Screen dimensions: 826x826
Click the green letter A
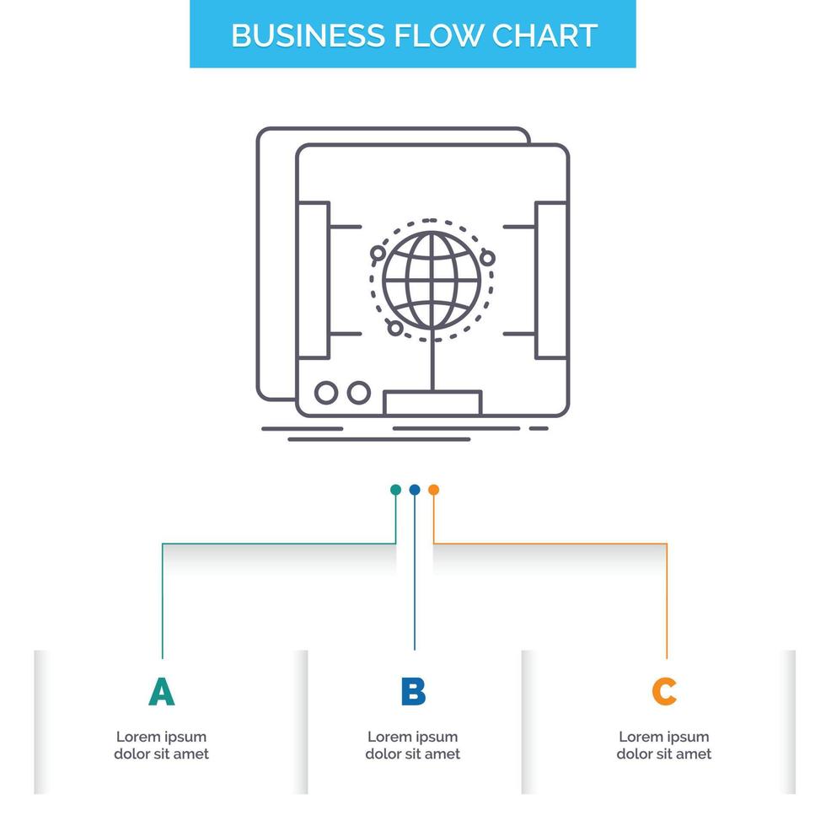coord(161,691)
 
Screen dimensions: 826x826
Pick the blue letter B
coord(413,691)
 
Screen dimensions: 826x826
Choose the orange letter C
coord(664,691)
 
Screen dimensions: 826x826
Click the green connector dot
coord(395,490)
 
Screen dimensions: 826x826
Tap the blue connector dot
coord(414,490)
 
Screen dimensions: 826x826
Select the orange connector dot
coord(433,490)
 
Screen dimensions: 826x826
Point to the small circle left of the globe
coord(378,253)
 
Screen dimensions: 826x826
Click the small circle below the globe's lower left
coord(394,326)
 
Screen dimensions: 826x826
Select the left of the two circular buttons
coord(325,393)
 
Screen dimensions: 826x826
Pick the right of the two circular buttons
coord(358,393)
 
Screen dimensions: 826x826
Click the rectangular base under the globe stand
coord(432,403)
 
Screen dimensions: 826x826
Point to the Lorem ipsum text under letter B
coord(413,745)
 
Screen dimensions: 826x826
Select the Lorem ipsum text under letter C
coord(664,745)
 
